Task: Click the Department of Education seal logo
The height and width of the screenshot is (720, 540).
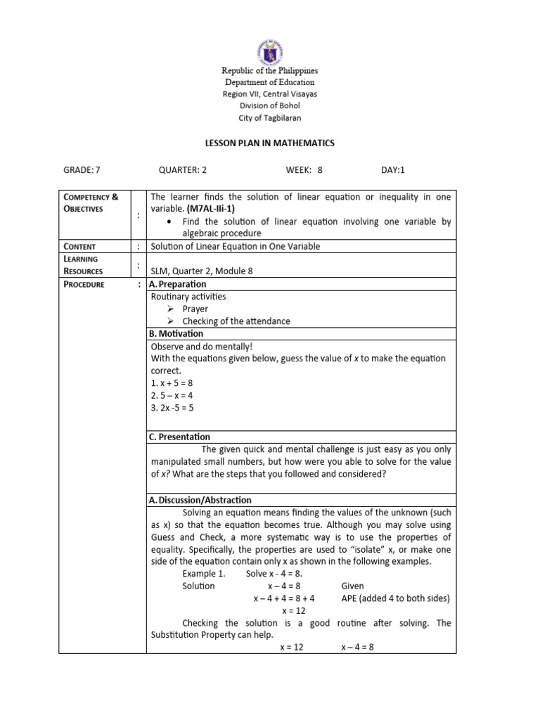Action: tap(270, 47)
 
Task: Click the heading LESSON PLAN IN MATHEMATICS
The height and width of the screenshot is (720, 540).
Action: tap(269, 143)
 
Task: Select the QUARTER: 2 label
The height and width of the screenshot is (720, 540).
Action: tap(183, 169)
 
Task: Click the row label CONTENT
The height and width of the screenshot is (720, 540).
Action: tap(79, 246)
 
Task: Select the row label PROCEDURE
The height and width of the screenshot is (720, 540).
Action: tap(84, 284)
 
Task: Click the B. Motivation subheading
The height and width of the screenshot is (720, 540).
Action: tap(176, 333)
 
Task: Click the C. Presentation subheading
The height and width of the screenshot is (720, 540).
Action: tap(179, 437)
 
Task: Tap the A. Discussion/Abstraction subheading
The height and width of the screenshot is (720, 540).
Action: tap(200, 500)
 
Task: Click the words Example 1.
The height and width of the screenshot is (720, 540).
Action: tap(204, 574)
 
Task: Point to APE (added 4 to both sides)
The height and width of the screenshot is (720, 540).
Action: tap(395, 598)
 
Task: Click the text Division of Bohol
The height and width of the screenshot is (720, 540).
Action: tap(270, 105)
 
